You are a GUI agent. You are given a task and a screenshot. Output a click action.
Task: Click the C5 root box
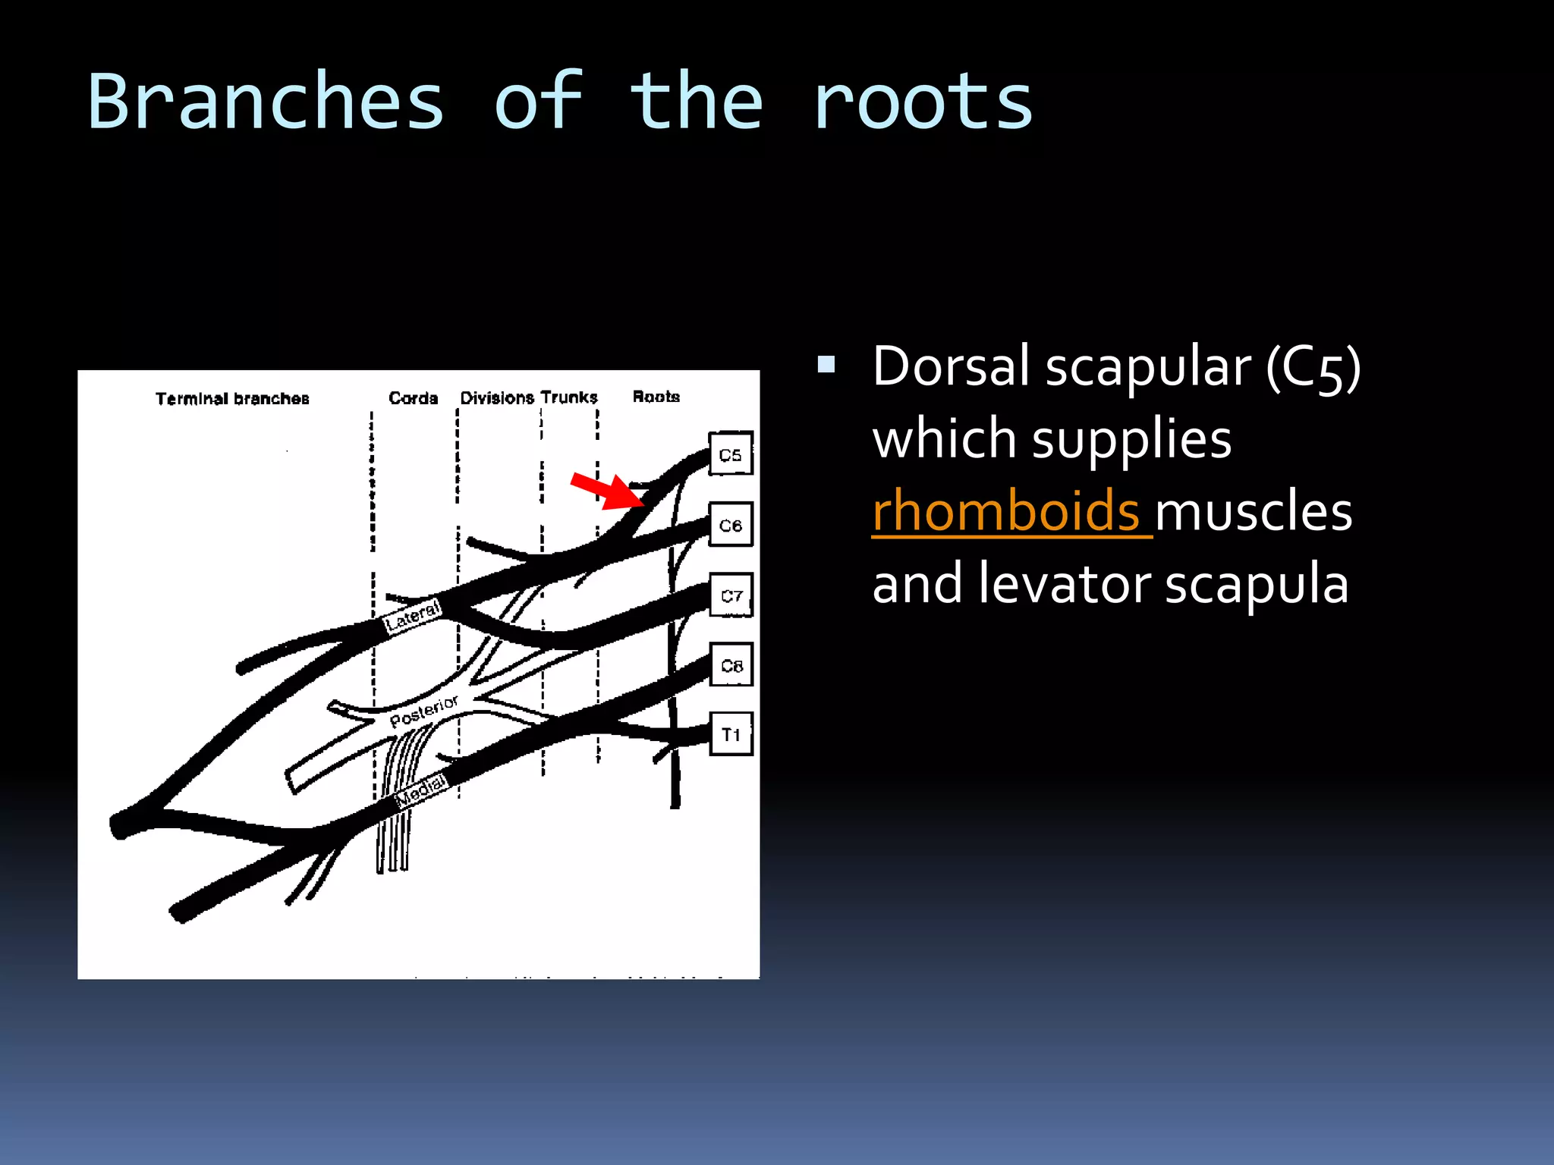click(x=731, y=454)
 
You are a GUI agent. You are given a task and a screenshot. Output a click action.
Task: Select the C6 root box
click(x=731, y=524)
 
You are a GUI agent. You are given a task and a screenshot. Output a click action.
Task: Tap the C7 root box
click(x=731, y=595)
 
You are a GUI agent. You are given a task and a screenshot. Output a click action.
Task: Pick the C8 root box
click(x=731, y=664)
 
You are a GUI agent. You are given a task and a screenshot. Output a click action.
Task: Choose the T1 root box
click(x=731, y=733)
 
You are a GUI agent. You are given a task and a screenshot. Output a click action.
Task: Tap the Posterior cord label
click(x=423, y=711)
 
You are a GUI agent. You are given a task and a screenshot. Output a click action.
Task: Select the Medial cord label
click(x=421, y=789)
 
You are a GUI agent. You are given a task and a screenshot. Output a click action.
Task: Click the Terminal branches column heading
click(x=232, y=398)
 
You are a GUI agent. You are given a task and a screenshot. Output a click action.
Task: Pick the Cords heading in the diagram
click(x=413, y=397)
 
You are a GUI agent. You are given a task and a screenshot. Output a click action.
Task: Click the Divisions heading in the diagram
click(x=497, y=397)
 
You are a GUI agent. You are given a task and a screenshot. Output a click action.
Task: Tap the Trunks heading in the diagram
click(x=570, y=397)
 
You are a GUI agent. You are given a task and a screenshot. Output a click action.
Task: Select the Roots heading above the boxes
click(x=656, y=396)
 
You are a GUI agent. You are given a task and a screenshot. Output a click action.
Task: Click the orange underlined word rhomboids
click(x=1006, y=511)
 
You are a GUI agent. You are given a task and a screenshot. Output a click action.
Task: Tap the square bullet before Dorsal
click(x=826, y=366)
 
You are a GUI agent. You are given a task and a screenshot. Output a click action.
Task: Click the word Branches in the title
click(x=266, y=102)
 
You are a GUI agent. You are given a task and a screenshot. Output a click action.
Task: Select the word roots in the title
click(x=923, y=102)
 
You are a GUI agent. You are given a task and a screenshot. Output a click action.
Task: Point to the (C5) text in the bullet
click(x=1313, y=367)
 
